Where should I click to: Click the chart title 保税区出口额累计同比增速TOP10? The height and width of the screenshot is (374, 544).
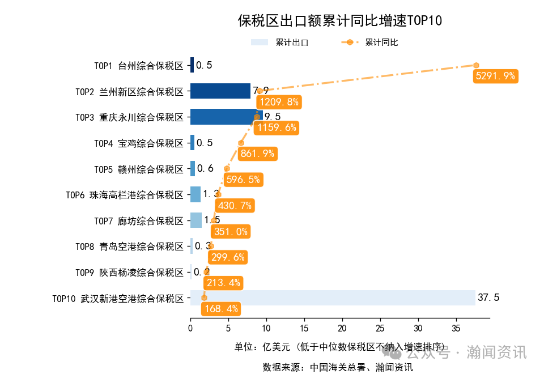point(339,21)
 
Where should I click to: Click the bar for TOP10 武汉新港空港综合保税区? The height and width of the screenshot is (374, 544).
point(333,297)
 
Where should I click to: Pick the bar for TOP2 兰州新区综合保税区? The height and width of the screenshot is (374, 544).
point(220,91)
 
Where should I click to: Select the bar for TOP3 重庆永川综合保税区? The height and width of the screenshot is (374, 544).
point(223,117)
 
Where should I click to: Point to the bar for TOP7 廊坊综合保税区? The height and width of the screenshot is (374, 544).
point(196,220)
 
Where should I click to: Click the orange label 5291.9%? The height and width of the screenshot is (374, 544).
point(495,76)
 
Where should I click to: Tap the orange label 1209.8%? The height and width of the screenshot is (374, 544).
point(278,102)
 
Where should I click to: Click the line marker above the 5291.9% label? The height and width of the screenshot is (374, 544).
point(476,65)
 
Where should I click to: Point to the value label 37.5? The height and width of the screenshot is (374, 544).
point(488,297)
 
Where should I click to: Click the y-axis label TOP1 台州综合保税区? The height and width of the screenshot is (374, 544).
point(139,65)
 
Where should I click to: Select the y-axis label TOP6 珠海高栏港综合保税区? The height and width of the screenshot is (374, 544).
point(125,195)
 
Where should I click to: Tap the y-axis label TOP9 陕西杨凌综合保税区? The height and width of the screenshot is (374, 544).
point(129,272)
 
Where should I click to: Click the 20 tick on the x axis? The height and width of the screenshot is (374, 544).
point(342,328)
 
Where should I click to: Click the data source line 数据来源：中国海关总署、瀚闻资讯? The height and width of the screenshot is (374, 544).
point(338,367)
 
